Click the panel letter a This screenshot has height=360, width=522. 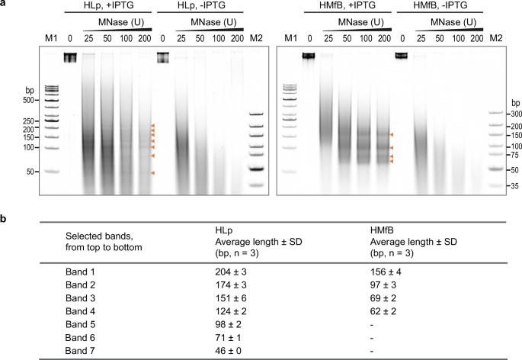(5, 5)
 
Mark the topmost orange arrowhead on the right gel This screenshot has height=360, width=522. (392, 133)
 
